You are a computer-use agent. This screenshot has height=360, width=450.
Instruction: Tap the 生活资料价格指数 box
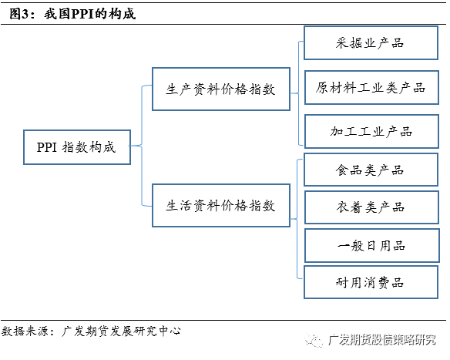click(x=220, y=206)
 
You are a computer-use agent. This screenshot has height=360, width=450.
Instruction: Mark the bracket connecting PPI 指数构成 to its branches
click(x=142, y=146)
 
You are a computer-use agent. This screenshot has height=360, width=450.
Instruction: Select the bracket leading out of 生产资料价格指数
click(x=297, y=87)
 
